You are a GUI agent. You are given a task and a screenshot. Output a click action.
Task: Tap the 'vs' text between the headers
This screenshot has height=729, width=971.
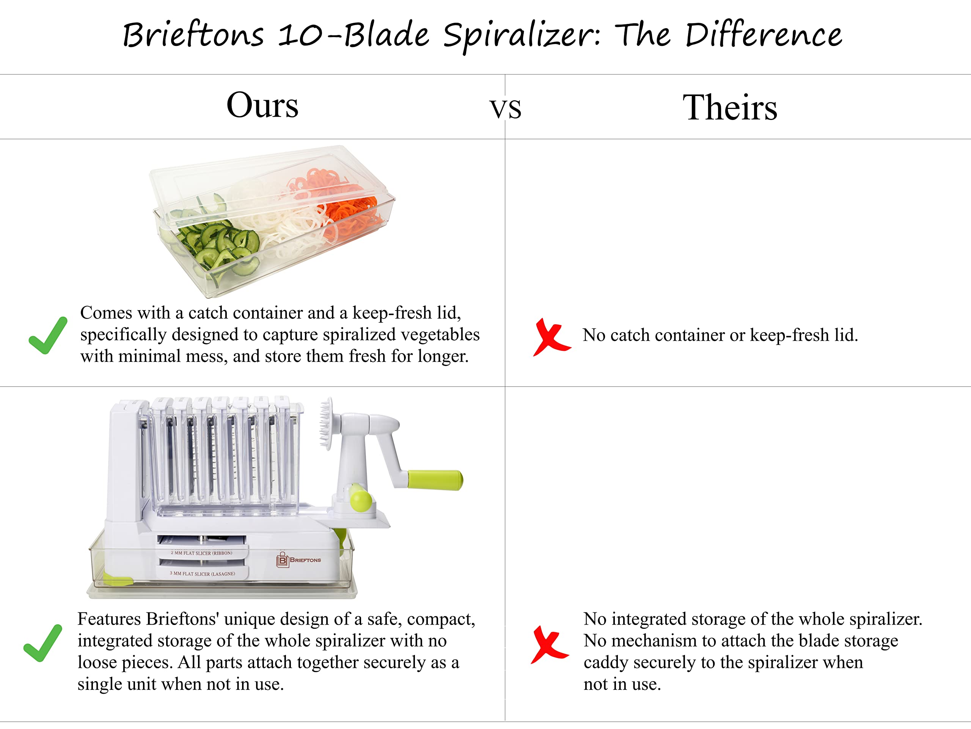click(505, 109)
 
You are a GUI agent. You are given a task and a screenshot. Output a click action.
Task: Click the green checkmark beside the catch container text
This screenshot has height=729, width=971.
click(48, 335)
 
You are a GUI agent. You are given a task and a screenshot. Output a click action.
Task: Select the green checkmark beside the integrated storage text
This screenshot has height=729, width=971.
click(43, 643)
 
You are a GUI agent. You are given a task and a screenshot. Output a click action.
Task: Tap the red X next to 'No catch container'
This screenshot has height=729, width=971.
click(552, 337)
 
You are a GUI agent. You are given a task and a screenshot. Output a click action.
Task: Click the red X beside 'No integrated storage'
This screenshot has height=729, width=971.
click(550, 645)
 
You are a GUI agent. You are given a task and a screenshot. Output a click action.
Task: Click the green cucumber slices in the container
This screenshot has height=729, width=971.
click(215, 244)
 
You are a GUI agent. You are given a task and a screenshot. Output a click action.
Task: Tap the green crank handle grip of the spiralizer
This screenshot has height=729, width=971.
click(435, 480)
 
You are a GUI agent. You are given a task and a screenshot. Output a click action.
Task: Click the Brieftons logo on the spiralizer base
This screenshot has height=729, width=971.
click(299, 560)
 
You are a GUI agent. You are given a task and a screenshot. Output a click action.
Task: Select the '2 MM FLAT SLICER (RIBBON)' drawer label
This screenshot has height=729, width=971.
click(201, 553)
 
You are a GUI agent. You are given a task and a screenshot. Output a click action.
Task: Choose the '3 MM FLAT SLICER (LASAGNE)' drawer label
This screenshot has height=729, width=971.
click(203, 573)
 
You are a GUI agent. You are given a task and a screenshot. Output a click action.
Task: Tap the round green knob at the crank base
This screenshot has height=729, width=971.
click(360, 500)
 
